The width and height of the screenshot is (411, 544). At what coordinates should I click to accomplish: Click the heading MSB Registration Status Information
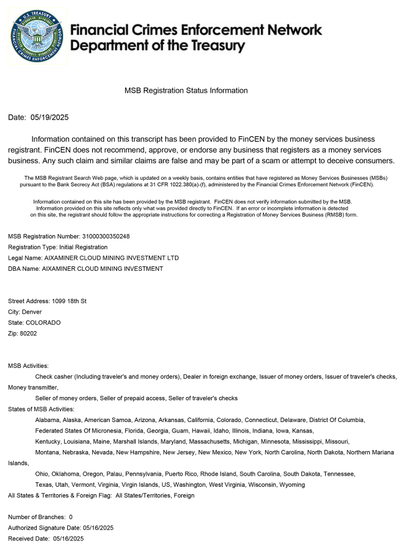click(x=186, y=91)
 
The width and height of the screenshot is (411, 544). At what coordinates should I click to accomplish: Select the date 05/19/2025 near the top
click(x=49, y=118)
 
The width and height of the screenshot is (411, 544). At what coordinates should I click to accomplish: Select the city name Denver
click(x=32, y=312)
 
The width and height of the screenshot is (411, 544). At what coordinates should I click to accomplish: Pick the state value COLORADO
click(x=43, y=322)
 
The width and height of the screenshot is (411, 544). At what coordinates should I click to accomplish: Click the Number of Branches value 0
click(x=71, y=517)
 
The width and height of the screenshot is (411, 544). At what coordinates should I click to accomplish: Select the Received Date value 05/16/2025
click(x=68, y=538)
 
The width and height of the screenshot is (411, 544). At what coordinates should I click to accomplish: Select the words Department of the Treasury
click(x=158, y=45)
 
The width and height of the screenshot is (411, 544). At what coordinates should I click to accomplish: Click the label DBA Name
click(x=23, y=269)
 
